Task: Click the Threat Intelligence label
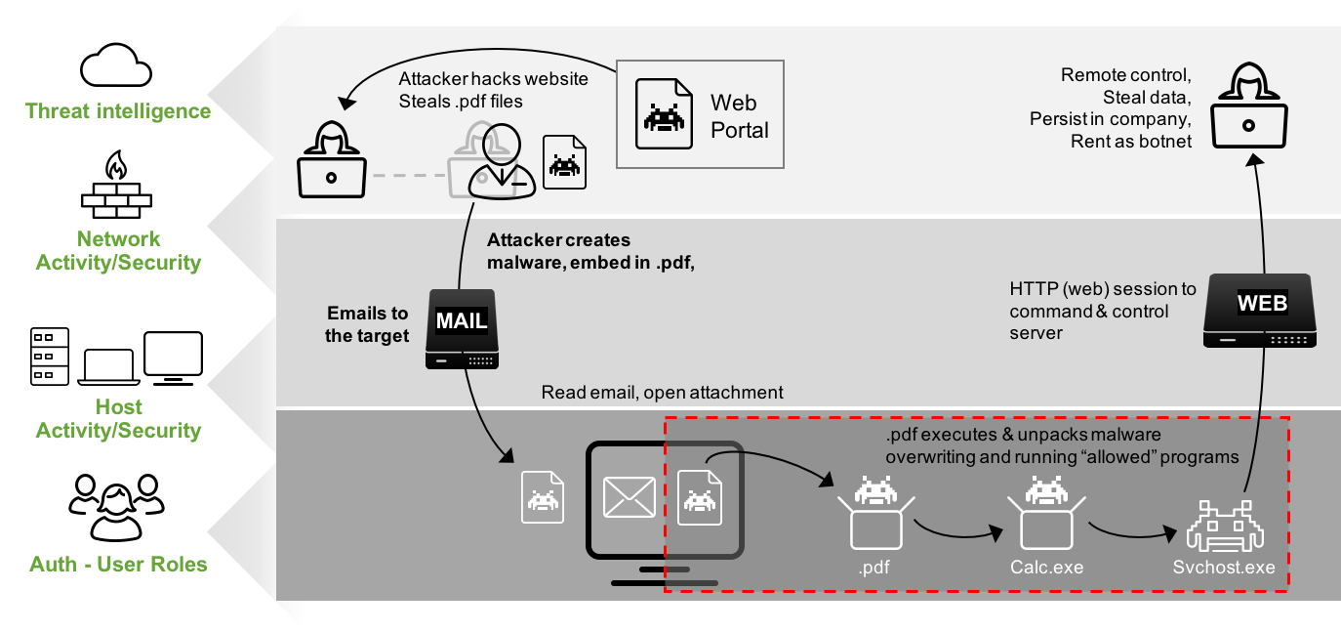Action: pos(118,111)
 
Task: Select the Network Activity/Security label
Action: pos(119,251)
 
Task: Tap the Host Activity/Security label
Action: pos(119,419)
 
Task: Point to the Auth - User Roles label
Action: pos(119,565)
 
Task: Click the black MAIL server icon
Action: pos(462,329)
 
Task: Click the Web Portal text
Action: pos(739,116)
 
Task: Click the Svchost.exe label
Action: pos(1224,568)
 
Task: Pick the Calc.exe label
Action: pos(1047,568)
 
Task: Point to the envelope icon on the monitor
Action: pos(630,495)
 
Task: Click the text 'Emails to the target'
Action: pos(367,324)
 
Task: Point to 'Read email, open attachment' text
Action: pos(662,393)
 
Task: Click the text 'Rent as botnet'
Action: pos(1131,142)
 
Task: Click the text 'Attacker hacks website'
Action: pos(493,79)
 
